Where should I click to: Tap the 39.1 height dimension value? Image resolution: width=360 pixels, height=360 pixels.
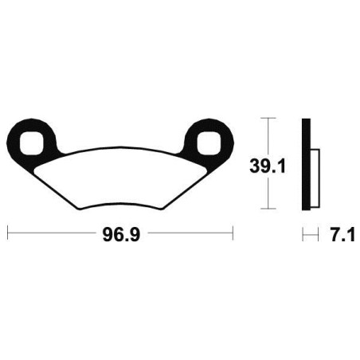268,167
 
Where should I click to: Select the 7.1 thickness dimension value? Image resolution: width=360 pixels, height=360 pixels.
342,235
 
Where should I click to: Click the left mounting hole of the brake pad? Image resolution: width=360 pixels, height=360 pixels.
31,143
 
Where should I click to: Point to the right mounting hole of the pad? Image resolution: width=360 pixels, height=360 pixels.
209,143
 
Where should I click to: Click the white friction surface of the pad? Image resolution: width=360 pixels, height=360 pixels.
121,177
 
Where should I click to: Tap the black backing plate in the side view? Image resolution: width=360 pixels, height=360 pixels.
306,164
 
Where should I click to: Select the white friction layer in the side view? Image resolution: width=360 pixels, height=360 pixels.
315,178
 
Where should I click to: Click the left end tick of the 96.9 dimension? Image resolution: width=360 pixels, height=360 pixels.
8,233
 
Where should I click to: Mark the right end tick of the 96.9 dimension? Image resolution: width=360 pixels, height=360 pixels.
233,233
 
